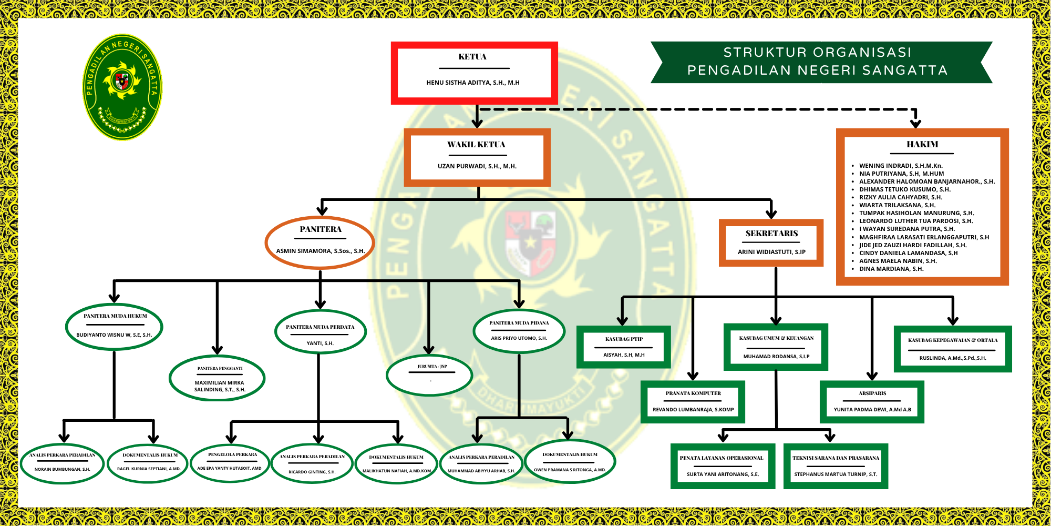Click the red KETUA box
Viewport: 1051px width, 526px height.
474,73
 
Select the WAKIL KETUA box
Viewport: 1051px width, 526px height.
477,157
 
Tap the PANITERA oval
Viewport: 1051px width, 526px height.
320,242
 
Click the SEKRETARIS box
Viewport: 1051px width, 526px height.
771,242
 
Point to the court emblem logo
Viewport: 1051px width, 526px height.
122,87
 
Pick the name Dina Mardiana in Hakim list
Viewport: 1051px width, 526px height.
891,269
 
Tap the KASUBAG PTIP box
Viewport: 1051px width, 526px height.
623,347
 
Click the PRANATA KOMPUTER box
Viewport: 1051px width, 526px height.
693,402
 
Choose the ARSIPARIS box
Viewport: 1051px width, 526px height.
872,402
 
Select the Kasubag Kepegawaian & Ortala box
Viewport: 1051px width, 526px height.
952,349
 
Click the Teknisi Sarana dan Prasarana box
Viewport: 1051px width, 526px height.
836,466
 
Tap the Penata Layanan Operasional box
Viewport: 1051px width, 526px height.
723,466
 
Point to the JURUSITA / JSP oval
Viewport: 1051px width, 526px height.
429,375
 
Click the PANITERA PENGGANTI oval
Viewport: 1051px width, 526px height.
217,379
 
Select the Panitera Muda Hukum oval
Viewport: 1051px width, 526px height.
114,326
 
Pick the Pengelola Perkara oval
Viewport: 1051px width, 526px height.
231,462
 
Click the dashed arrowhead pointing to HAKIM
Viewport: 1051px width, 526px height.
915,124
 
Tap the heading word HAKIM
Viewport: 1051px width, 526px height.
922,144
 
